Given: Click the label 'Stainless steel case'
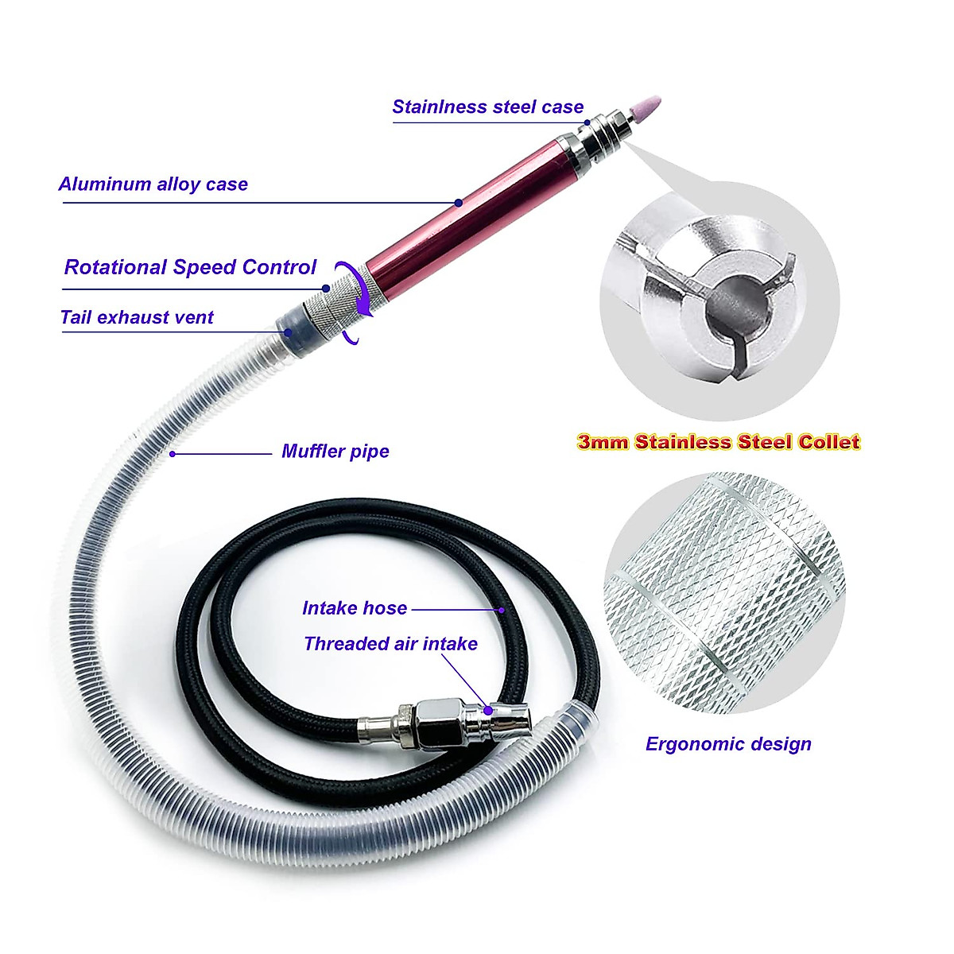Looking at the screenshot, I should tap(487, 107).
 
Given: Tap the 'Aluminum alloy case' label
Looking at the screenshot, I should tap(153, 184).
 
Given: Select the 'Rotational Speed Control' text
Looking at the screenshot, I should tap(190, 267).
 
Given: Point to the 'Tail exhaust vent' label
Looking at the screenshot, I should tap(137, 318).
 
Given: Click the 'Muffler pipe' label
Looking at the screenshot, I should tap(335, 452).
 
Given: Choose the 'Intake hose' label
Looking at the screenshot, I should tap(355, 608).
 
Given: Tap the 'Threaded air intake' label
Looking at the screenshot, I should tap(390, 644).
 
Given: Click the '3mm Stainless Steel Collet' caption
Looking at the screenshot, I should tap(719, 442).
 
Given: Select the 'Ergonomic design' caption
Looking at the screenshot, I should tap(728, 744).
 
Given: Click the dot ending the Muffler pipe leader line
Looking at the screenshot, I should tap(172, 454).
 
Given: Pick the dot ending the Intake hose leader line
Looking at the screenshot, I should tap(502, 610).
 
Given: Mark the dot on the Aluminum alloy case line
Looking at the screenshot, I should tap(459, 203).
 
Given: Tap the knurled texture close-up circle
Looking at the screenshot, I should tap(724, 593).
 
